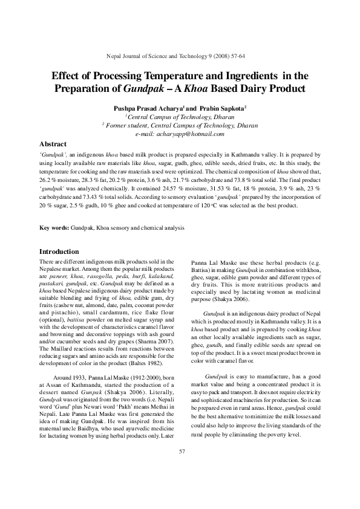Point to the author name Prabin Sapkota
[209, 107]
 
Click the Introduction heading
[59, 251]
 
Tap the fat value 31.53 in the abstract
[205, 189]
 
